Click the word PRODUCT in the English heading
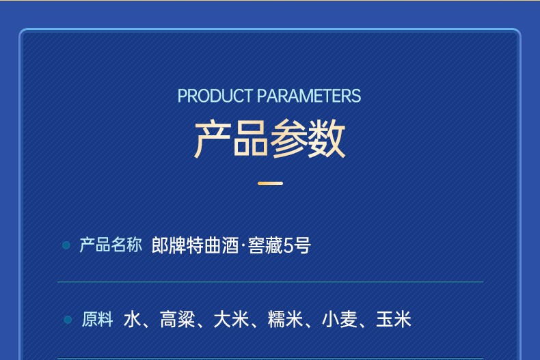point(215,96)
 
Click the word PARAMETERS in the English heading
point(309,96)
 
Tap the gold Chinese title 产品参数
point(269,139)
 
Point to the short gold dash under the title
point(271,184)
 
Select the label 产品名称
point(111,245)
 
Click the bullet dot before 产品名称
point(66,245)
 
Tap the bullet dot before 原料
point(68,320)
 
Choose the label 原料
point(98,320)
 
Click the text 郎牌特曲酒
point(195,245)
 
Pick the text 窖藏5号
point(280,245)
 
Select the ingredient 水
point(132,320)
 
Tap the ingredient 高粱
point(177,320)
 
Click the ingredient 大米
point(231,320)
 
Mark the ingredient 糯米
point(285,320)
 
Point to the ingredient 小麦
point(339,320)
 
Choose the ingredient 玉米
point(394,320)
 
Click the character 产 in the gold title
point(213,139)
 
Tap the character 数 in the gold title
point(327,139)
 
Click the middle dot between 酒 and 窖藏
point(243,246)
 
